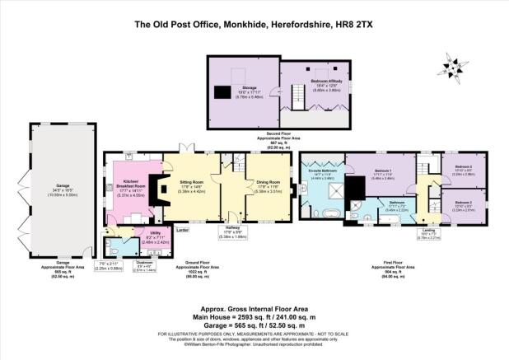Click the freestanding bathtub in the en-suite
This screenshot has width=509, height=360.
pos(329,216)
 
